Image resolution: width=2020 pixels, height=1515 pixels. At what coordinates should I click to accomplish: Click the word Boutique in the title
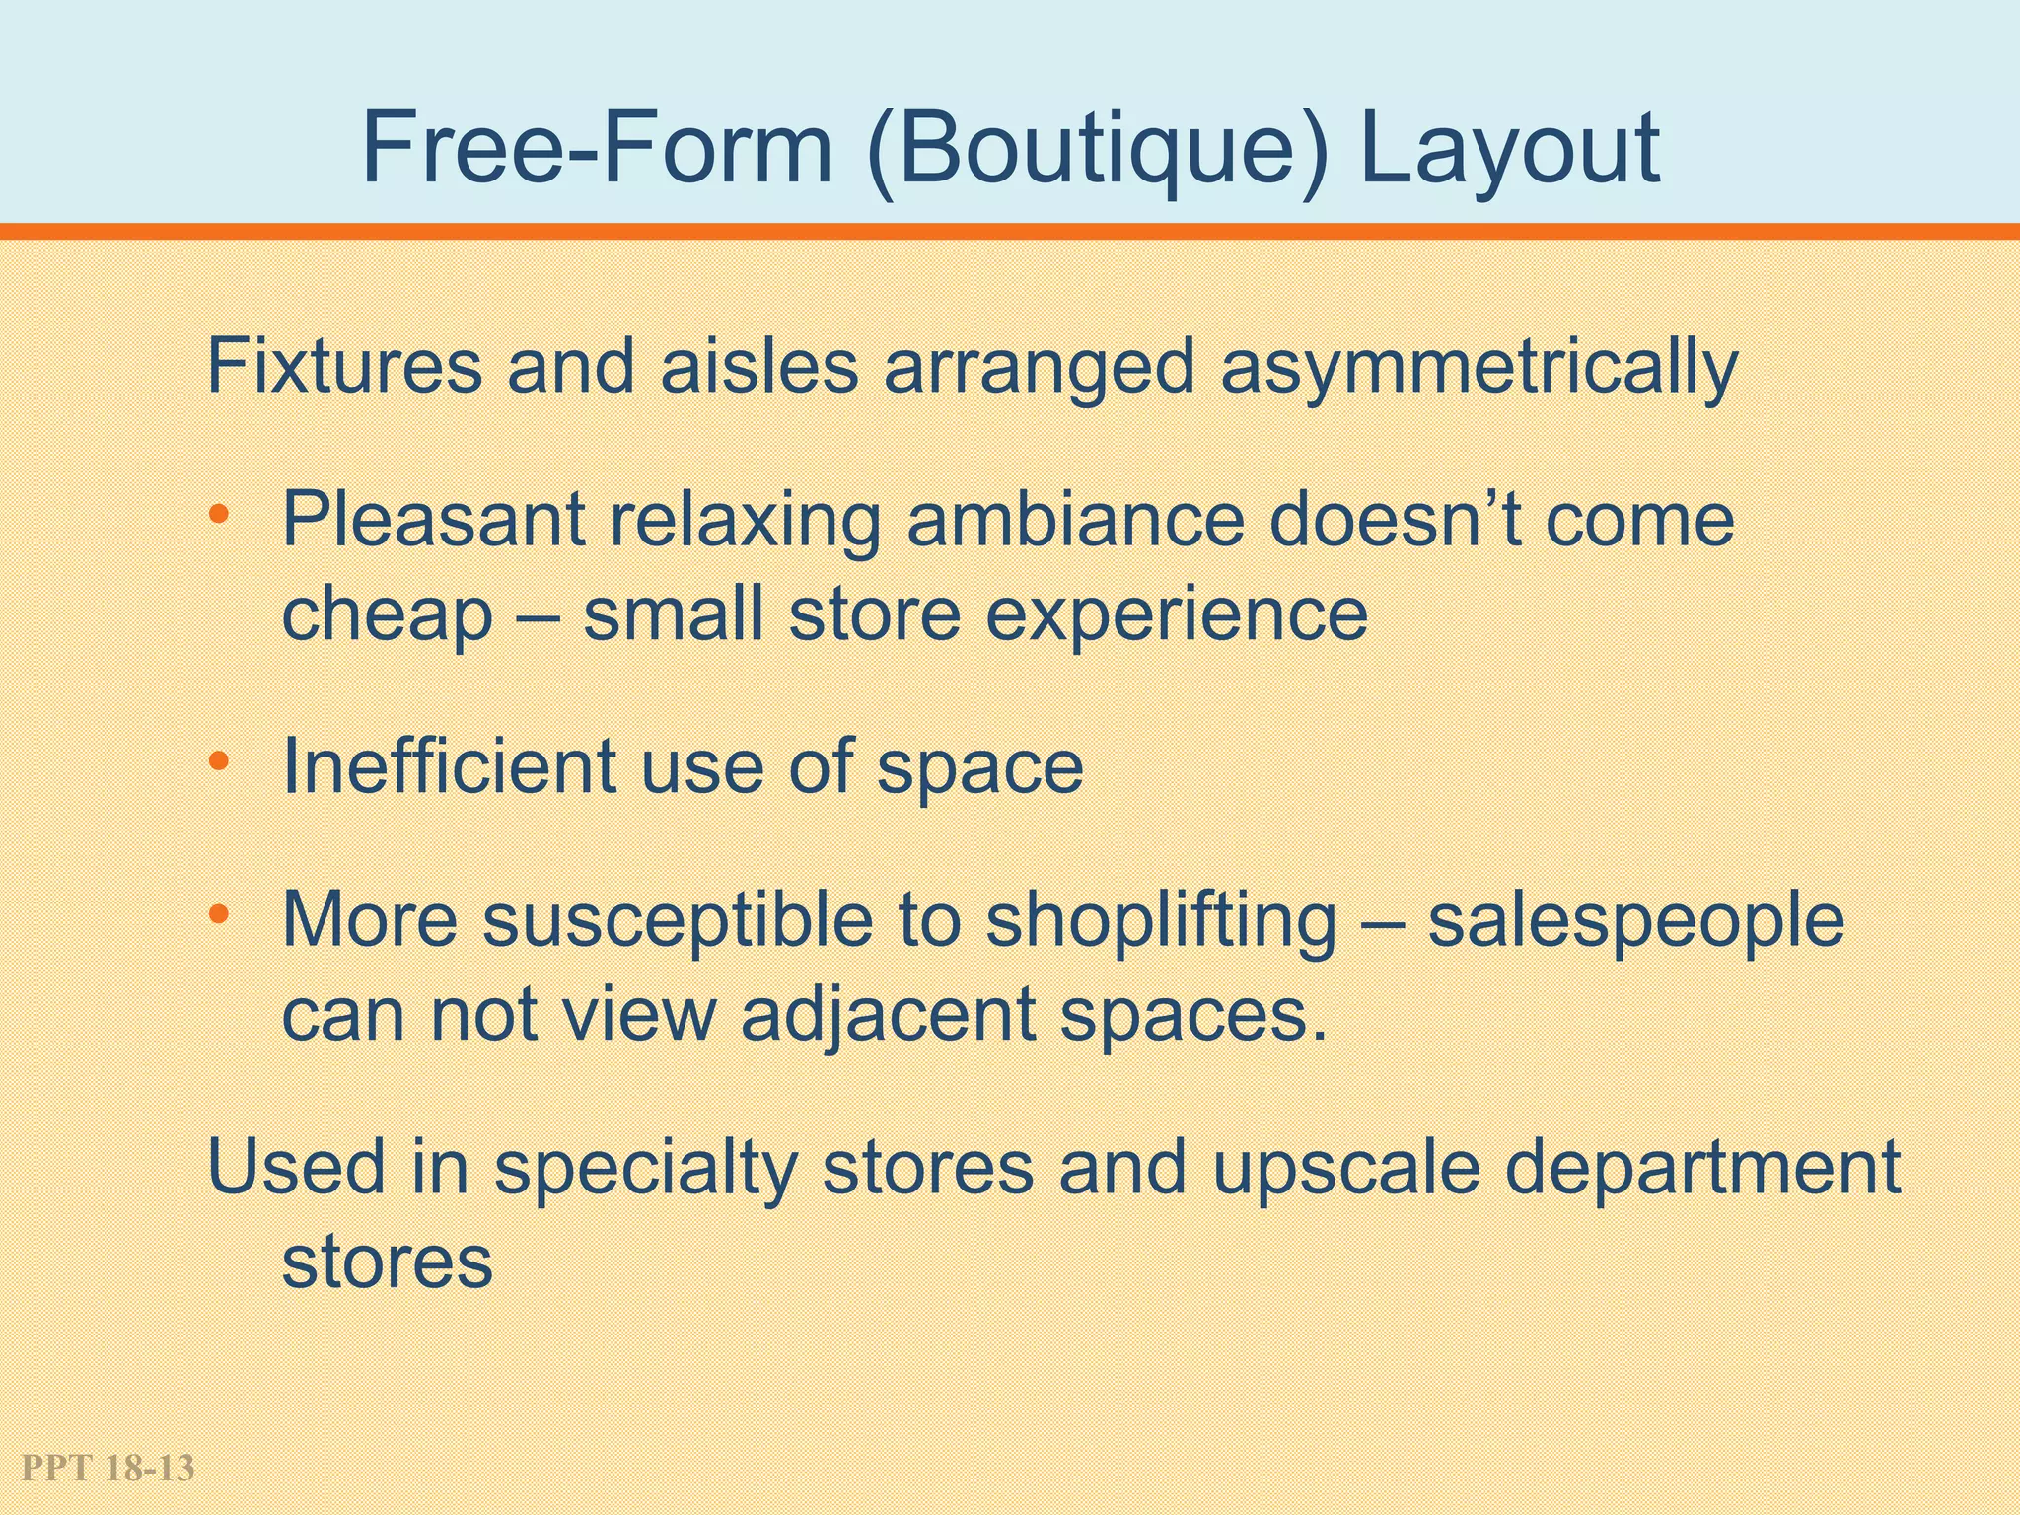(1096, 150)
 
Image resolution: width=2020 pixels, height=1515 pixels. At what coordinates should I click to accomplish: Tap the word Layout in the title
(1509, 150)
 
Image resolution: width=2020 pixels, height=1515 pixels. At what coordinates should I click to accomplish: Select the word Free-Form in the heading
(598, 150)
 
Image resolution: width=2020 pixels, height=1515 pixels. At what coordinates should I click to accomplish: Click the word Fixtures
(344, 367)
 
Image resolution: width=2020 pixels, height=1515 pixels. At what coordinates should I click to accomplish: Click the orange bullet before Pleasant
(219, 515)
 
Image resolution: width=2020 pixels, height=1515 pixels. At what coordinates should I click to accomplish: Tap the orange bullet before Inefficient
(219, 761)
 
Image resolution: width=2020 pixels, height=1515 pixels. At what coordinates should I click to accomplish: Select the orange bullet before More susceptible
(219, 915)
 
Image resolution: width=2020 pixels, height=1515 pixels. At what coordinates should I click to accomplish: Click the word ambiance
(1075, 520)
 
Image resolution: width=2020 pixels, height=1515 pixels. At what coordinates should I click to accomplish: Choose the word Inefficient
(449, 766)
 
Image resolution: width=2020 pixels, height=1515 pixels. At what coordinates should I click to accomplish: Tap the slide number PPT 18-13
(108, 1469)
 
